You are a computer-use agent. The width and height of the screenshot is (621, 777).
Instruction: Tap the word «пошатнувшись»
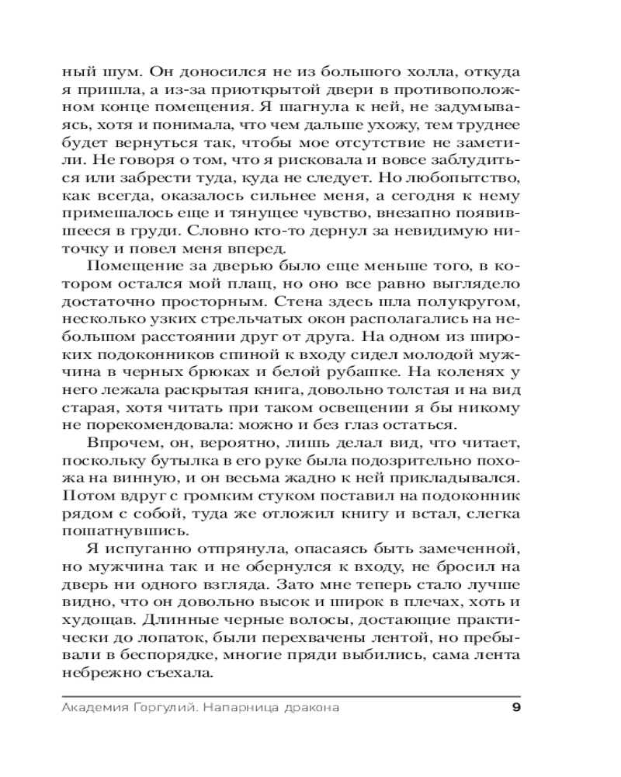[124, 531]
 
